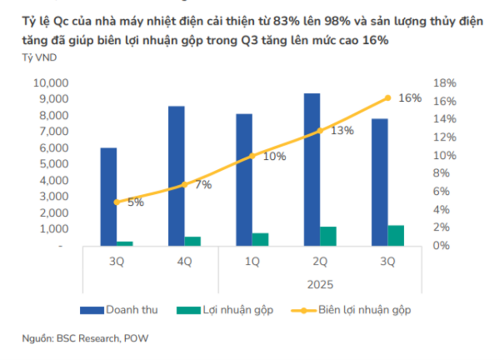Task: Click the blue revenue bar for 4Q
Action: pyautogui.click(x=176, y=176)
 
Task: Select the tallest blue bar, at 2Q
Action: pyautogui.click(x=311, y=169)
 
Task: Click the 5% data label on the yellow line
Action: pyautogui.click(x=136, y=202)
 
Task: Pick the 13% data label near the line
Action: pyautogui.click(x=342, y=131)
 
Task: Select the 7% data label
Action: pyautogui.click(x=203, y=185)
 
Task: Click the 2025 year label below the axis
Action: pyautogui.click(x=320, y=284)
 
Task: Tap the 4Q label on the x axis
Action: pyautogui.click(x=184, y=262)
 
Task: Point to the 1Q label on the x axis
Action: pyautogui.click(x=252, y=262)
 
